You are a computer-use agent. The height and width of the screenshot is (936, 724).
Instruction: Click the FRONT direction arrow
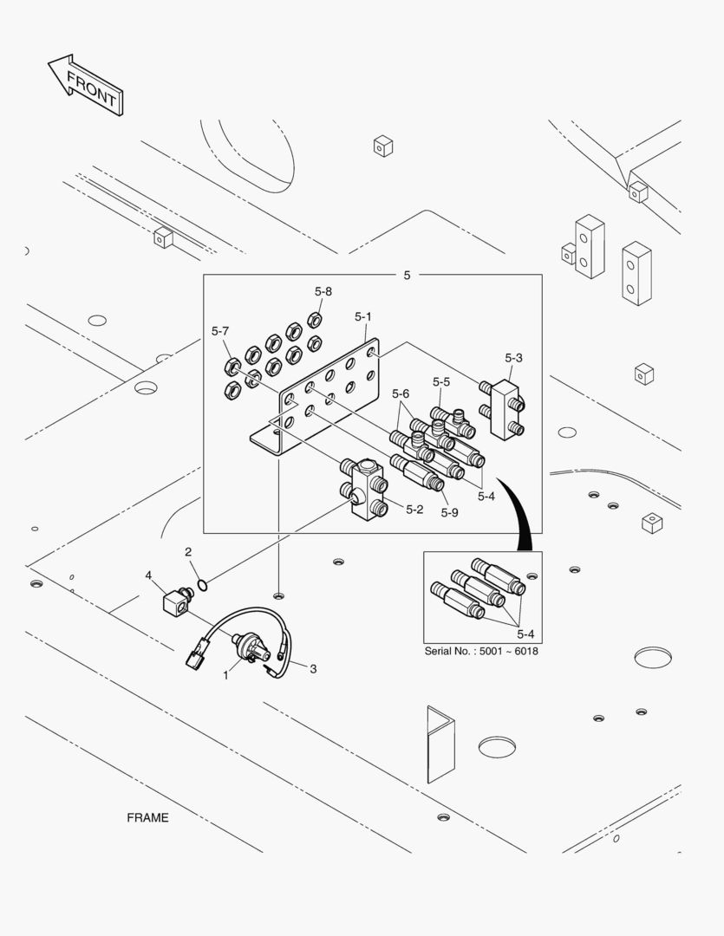click(84, 86)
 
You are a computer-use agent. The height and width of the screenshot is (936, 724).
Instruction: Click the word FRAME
click(147, 817)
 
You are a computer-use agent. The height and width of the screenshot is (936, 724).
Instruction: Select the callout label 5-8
click(323, 292)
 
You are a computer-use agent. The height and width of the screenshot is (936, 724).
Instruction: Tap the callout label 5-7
click(220, 331)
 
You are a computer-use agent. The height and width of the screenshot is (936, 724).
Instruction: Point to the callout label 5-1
click(363, 318)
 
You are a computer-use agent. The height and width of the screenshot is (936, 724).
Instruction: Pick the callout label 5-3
click(513, 357)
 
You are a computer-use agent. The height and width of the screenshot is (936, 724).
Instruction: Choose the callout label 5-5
click(441, 381)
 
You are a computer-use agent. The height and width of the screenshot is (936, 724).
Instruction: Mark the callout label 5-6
click(400, 393)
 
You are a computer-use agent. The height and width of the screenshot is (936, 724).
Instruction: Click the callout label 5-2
click(414, 509)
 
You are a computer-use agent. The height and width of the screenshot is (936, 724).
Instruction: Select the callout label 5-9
click(448, 512)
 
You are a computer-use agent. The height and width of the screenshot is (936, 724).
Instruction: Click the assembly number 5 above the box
click(407, 275)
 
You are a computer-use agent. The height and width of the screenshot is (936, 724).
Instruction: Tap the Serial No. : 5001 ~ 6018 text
click(480, 651)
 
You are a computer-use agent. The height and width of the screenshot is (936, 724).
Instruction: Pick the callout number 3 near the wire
click(313, 668)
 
